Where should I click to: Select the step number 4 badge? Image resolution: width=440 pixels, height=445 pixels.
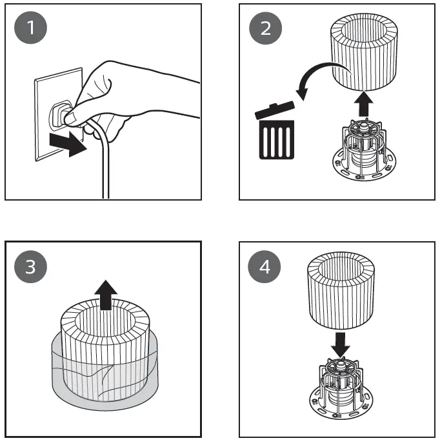click(x=264, y=267)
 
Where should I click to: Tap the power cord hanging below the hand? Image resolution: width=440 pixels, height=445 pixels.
click(x=103, y=168)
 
